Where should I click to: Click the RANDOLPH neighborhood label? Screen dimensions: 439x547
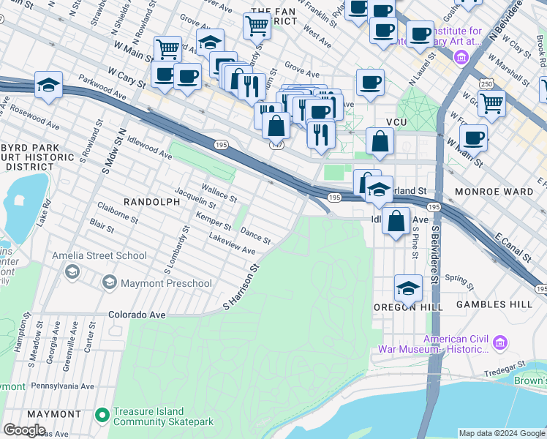pyautogui.click(x=151, y=201)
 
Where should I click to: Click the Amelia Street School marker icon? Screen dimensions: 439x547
pyautogui.click(x=72, y=271)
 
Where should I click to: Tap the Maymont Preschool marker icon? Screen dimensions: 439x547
pyautogui.click(x=109, y=282)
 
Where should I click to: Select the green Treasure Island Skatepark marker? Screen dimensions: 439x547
pyautogui.click(x=102, y=416)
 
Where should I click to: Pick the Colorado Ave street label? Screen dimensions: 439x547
pyautogui.click(x=137, y=315)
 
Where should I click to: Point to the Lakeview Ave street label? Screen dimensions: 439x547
pyautogui.click(x=232, y=244)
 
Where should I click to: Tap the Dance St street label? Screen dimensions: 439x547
pyautogui.click(x=256, y=236)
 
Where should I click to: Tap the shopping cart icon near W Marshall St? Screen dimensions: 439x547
pyautogui.click(x=491, y=103)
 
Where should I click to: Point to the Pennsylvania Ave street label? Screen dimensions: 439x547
pyautogui.click(x=61, y=386)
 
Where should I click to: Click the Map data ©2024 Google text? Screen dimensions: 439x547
pyautogui.click(x=500, y=433)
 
